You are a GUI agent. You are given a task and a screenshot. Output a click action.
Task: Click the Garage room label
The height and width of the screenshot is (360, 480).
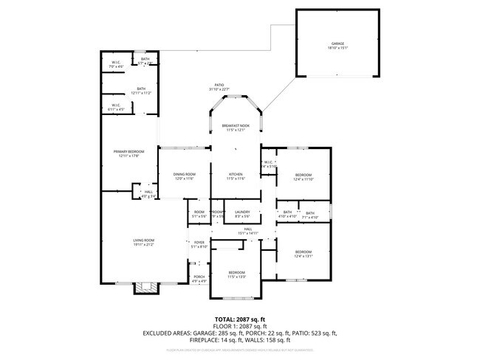point(337,46)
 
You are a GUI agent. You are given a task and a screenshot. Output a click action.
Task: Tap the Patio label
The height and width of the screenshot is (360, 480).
point(219,88)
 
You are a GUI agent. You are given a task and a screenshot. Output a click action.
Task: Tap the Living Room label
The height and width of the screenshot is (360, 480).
point(143,242)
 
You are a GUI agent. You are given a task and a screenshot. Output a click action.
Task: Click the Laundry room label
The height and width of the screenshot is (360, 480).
point(242,215)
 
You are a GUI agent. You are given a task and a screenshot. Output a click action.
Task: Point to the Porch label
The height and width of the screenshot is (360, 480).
point(199,279)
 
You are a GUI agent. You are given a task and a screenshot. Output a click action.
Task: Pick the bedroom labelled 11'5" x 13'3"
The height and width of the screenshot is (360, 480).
point(236,274)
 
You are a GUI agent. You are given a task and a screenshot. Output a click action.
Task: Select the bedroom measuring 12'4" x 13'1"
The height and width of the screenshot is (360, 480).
point(304,255)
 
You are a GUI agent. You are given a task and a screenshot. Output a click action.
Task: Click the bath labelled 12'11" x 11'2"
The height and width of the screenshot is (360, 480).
point(141,91)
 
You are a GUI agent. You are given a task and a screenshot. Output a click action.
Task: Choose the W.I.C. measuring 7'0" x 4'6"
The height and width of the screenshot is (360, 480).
point(117,65)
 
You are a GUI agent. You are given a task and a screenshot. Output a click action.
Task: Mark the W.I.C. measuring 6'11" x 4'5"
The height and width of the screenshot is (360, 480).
point(117,108)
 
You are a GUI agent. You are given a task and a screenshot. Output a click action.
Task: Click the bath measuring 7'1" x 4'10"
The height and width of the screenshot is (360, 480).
point(310,215)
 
